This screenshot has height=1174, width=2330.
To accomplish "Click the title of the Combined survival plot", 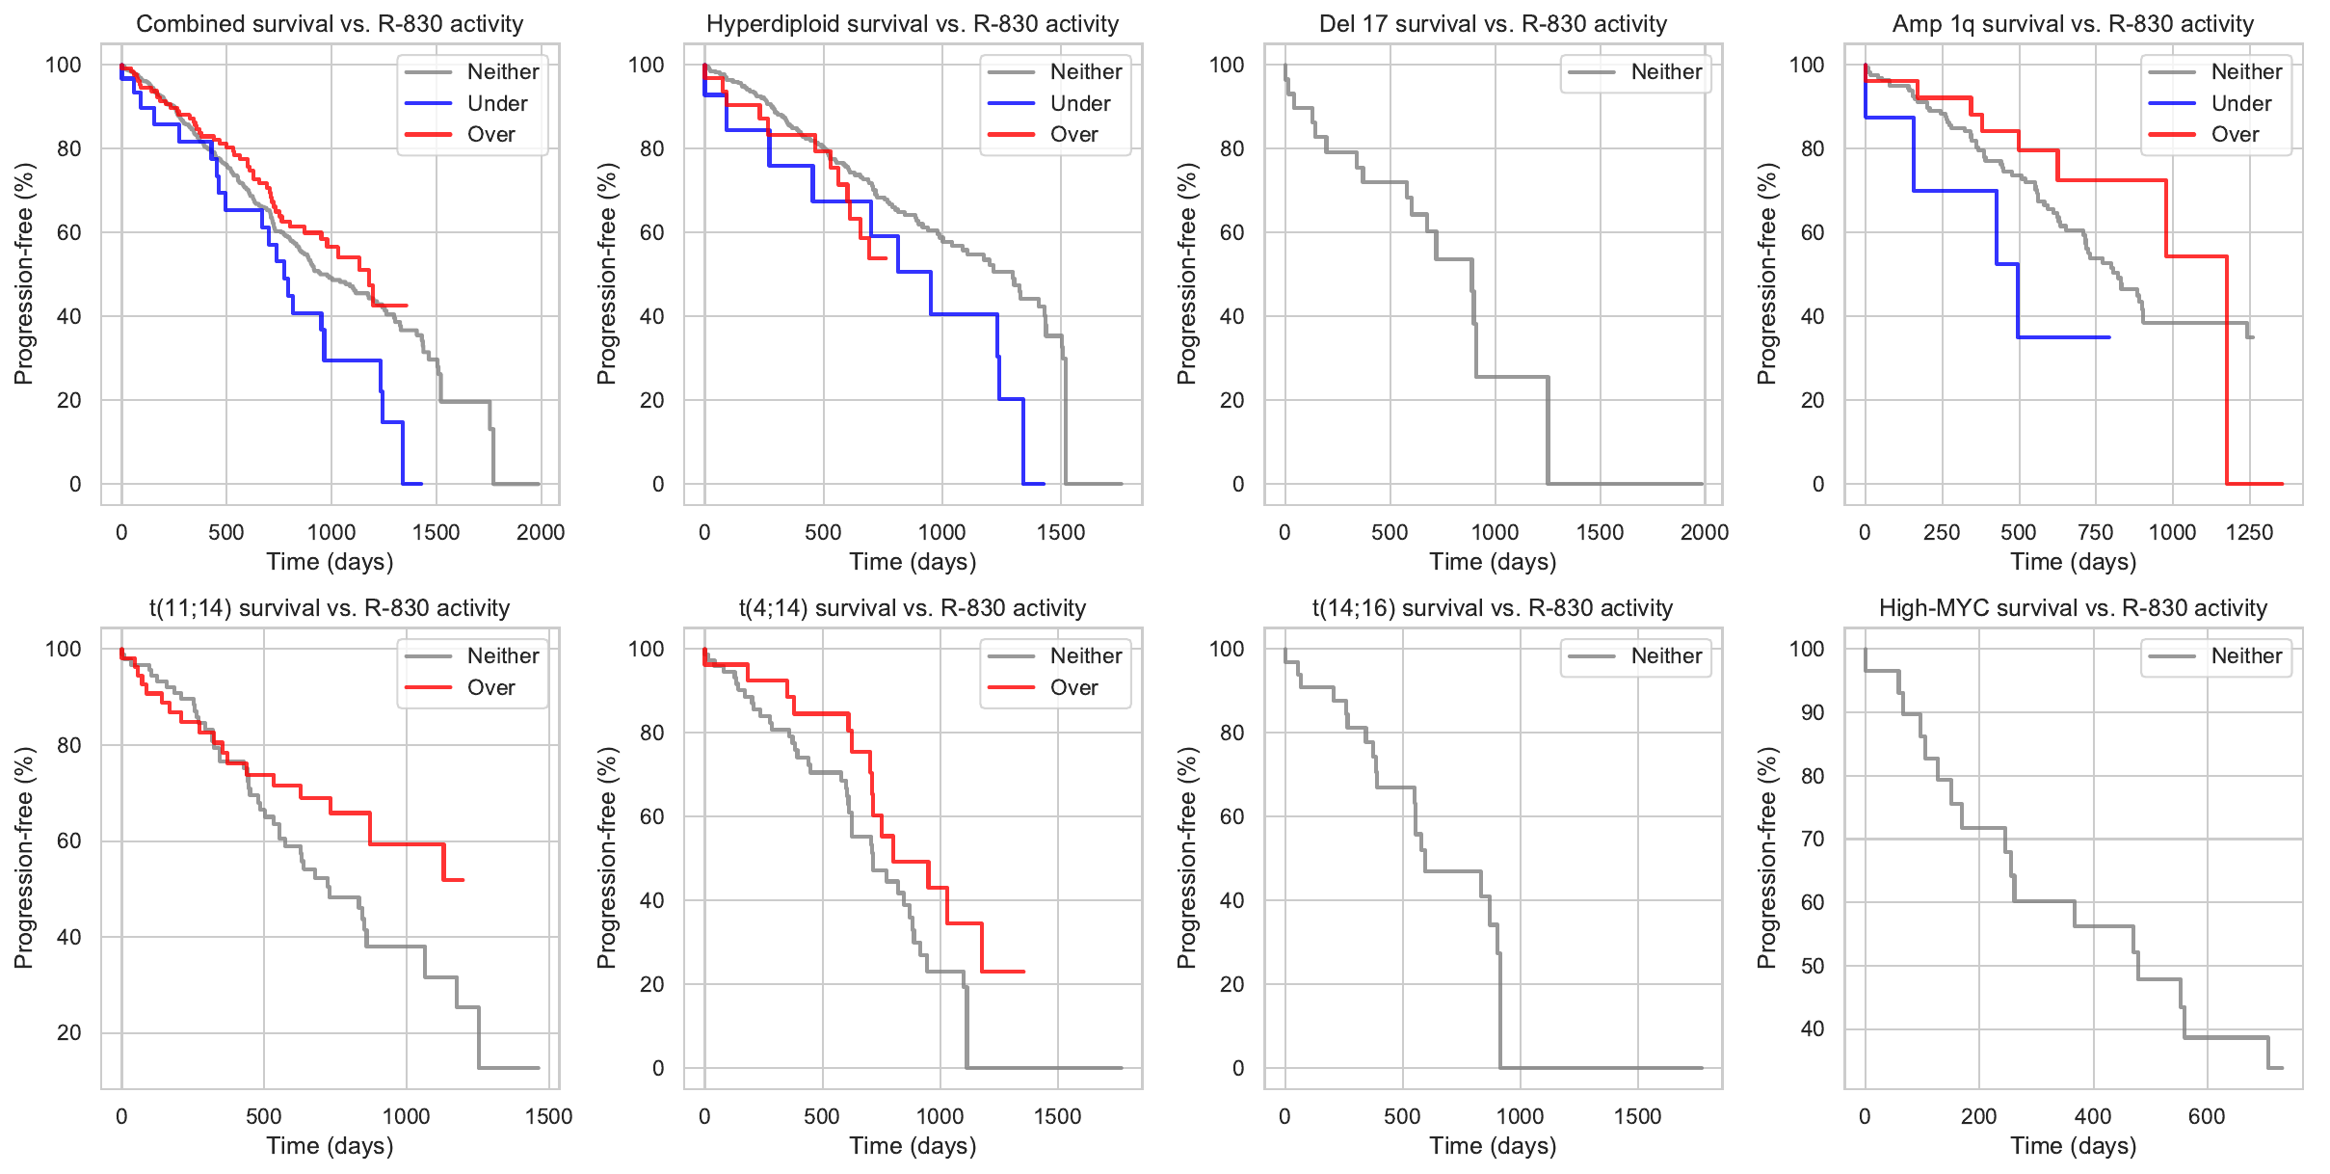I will (x=330, y=24).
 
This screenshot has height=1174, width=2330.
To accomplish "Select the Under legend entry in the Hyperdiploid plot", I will (x=1079, y=103).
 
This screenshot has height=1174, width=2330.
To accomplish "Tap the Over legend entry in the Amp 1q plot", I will (x=2235, y=135).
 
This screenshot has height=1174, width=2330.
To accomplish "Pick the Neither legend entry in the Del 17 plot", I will (x=1666, y=72).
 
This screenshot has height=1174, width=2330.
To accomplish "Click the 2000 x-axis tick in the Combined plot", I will (x=540, y=532).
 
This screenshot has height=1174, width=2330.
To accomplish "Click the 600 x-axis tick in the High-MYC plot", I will (x=2207, y=1116).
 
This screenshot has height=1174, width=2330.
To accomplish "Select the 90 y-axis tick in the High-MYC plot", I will (x=1812, y=712).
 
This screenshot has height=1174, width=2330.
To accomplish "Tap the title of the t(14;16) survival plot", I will (x=1492, y=608).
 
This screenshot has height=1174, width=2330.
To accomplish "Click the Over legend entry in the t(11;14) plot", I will (x=490, y=687).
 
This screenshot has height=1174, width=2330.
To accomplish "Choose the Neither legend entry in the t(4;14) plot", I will (x=1085, y=656).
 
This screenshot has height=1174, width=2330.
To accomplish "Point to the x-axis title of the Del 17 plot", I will (x=1492, y=562).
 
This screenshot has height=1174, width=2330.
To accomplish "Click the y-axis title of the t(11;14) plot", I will (x=24, y=858).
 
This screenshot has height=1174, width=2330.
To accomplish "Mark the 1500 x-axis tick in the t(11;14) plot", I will (x=548, y=1116).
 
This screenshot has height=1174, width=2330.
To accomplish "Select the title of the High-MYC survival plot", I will (x=2073, y=608).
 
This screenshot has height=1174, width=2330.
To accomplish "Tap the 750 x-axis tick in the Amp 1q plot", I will (x=2096, y=532).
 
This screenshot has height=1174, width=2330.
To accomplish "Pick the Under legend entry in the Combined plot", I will (x=496, y=103).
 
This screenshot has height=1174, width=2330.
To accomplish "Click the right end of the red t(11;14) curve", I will (x=463, y=880).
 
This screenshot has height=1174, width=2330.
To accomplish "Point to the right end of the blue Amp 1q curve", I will (x=2109, y=337).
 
